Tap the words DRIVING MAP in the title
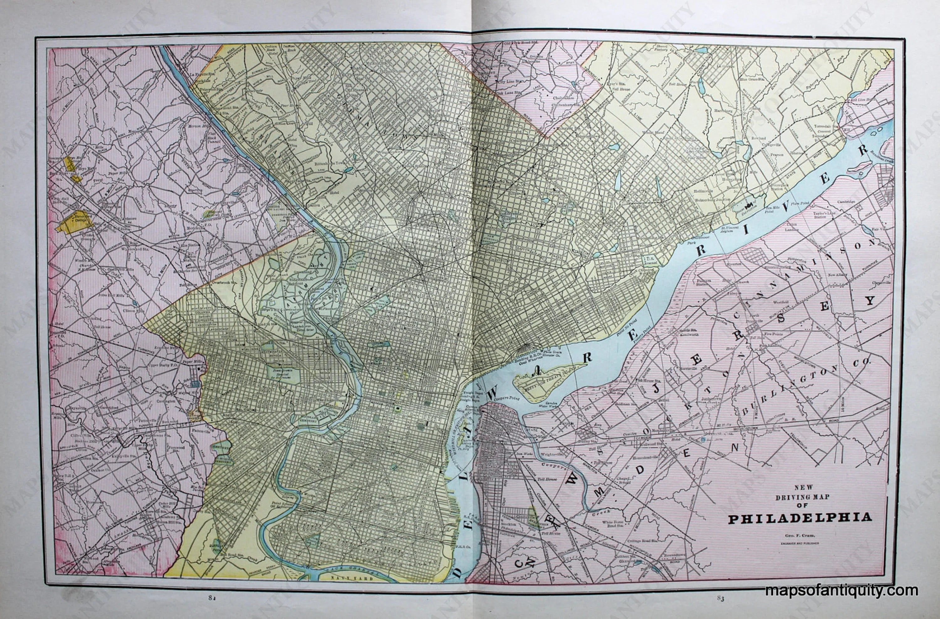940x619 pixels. pos(802,497)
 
